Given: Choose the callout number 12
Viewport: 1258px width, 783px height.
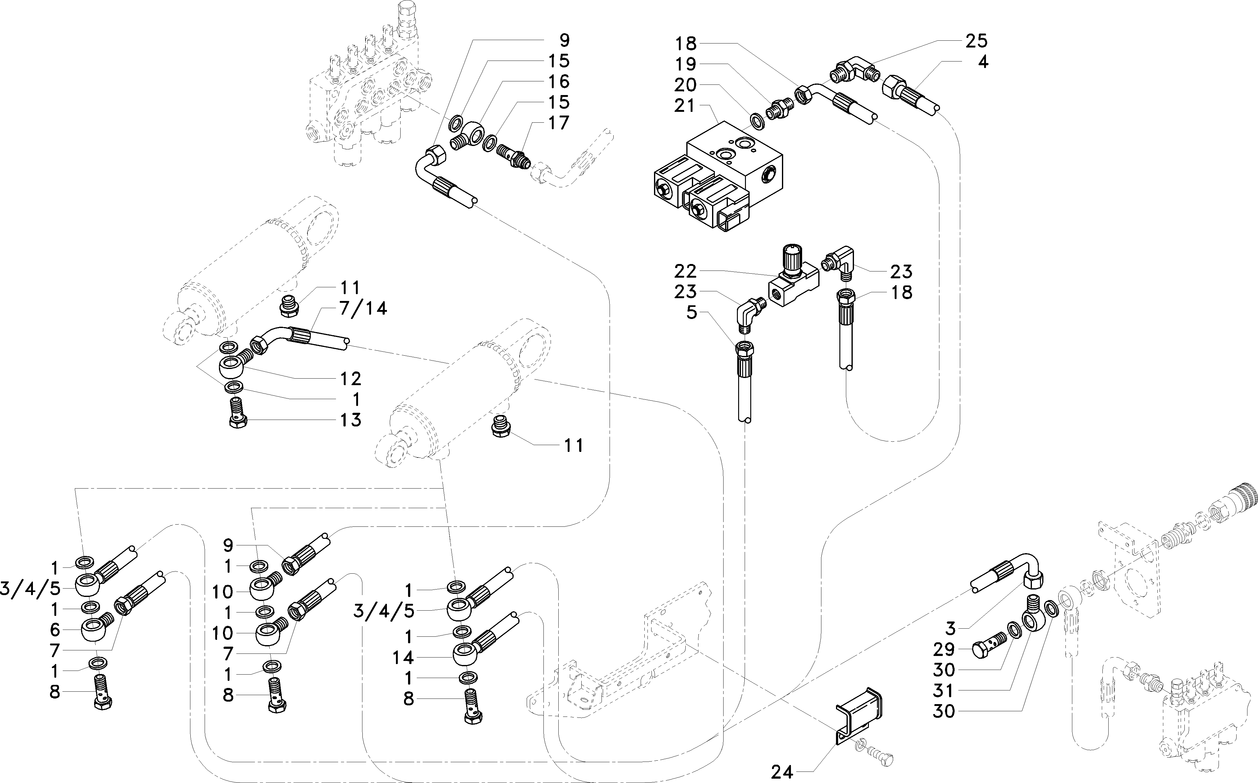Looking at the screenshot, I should coord(351,379).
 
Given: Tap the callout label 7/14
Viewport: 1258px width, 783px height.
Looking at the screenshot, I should coord(363,309).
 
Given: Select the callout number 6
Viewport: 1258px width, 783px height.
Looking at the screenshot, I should coord(55,630).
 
